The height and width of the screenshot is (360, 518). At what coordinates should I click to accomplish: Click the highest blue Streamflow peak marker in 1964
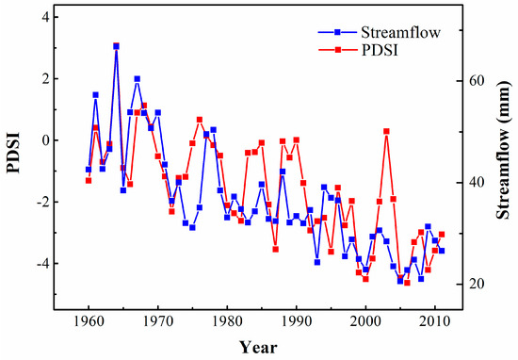116,45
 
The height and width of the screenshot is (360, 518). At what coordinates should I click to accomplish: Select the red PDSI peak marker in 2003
386,131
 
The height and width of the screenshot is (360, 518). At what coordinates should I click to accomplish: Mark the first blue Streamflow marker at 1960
89,170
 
